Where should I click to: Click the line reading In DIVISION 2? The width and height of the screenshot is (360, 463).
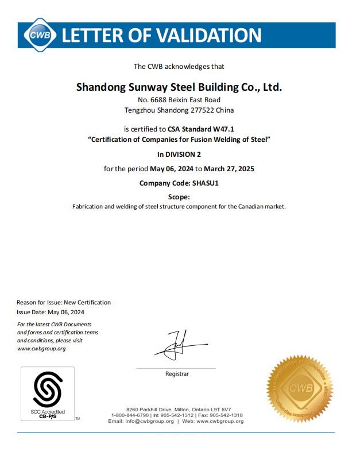(179, 154)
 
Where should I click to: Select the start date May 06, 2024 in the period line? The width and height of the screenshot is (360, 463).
(171, 169)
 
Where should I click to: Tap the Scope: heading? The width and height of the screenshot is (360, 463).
(179, 197)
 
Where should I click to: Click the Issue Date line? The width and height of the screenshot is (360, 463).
(51, 312)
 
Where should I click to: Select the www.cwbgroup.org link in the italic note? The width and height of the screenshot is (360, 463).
(41, 348)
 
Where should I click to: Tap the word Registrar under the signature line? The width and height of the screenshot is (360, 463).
(177, 374)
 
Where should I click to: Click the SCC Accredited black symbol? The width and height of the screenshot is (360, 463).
(48, 390)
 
